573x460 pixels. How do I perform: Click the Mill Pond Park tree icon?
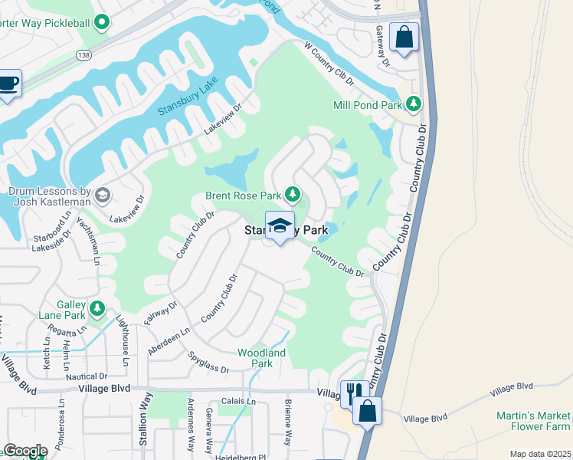(x=414, y=103)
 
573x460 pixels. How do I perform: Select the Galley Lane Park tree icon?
(x=97, y=309)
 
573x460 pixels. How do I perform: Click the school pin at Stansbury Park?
(x=280, y=225)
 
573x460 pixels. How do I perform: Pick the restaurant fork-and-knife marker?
(x=352, y=394)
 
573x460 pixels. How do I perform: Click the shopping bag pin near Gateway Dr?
(x=404, y=37)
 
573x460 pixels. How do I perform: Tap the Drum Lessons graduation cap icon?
(x=102, y=196)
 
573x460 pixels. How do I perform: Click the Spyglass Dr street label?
(x=209, y=363)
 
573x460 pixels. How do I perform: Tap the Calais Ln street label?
(x=240, y=401)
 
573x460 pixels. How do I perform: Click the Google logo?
(x=25, y=451)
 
